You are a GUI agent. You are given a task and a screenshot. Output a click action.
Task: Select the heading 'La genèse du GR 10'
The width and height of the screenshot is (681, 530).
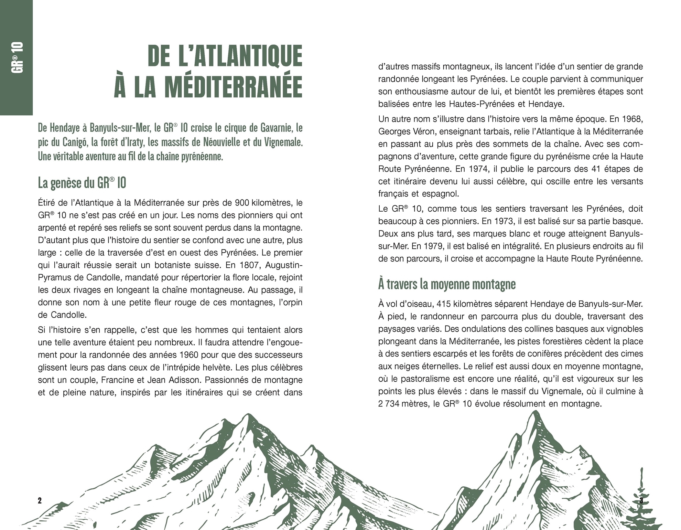pyautogui.click(x=82, y=183)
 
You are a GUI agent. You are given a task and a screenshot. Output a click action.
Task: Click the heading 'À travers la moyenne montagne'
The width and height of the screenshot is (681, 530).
pyautogui.click(x=447, y=285)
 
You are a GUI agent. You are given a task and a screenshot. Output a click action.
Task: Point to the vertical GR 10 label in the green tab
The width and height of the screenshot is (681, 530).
pyautogui.click(x=17, y=57)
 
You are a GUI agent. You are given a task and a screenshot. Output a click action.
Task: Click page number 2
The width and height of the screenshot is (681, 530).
pyautogui.click(x=40, y=501)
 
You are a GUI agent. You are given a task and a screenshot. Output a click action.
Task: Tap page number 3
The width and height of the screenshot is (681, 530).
pyautogui.click(x=641, y=501)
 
